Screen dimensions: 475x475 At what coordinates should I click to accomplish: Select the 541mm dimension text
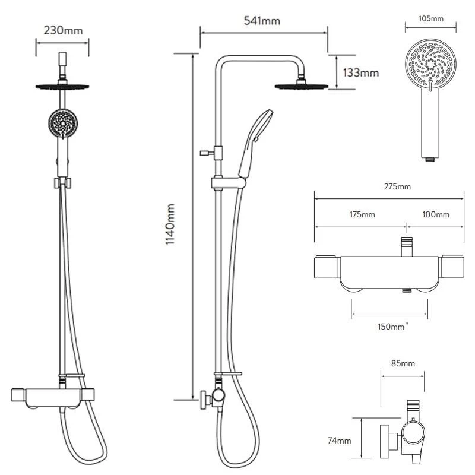262,21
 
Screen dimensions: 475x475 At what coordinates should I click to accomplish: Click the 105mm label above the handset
431,19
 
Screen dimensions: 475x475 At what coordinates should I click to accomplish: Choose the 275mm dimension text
397,187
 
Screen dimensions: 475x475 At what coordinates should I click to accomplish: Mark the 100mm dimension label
436,214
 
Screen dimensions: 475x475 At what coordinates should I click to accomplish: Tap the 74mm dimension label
339,441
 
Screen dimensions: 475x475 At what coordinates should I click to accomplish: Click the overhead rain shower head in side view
302,87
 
